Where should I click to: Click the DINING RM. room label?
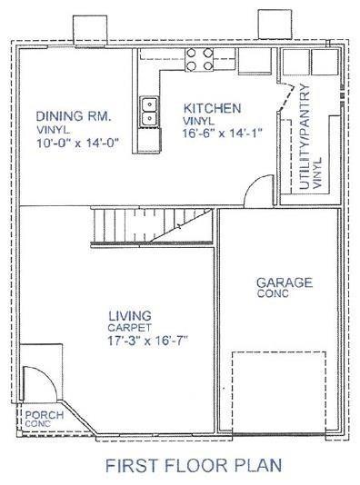[74, 116]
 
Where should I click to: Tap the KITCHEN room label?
[212, 109]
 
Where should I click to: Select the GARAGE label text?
[285, 282]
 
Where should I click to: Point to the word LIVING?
[130, 316]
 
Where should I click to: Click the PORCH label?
[45, 415]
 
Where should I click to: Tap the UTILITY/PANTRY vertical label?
[305, 136]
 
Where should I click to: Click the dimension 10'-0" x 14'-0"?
[77, 144]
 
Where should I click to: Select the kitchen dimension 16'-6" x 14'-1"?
[222, 134]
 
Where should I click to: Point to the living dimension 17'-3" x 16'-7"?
[147, 341]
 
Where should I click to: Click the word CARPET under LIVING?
[129, 327]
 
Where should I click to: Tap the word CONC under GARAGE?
[273, 293]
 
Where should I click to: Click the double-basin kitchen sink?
[149, 112]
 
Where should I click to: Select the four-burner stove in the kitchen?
[200, 59]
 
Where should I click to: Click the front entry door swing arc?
[51, 378]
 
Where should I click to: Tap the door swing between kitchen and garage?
[251, 184]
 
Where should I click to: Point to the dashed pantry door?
[286, 97]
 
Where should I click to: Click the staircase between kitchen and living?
[152, 226]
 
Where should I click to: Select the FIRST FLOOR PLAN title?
[194, 466]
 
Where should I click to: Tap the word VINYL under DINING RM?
[53, 130]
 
